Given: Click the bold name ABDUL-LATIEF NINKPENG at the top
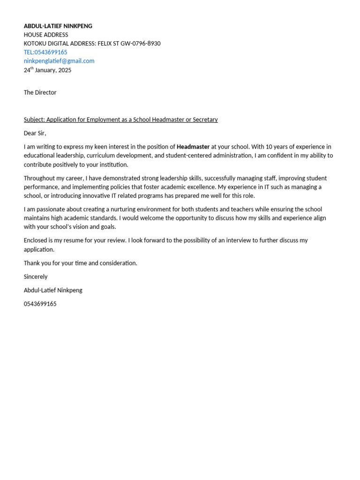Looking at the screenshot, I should click(58, 26).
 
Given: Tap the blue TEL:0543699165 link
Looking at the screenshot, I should click(45, 52).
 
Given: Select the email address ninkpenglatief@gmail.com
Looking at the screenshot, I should click(59, 61).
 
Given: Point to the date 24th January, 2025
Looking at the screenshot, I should click(47, 70).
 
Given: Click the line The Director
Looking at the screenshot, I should click(40, 92).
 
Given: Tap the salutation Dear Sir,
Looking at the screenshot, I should click(35, 133).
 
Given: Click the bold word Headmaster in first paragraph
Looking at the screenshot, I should click(193, 147).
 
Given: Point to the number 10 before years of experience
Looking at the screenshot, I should click(269, 147).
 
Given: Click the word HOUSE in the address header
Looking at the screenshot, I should click(33, 35).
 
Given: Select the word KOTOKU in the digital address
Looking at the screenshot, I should click(35, 44).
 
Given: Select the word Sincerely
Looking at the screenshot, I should click(36, 277).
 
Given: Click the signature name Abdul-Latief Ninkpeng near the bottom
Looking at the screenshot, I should click(53, 290).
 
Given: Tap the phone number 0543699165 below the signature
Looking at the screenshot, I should click(40, 304).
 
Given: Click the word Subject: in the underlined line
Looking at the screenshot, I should click(34, 120).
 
